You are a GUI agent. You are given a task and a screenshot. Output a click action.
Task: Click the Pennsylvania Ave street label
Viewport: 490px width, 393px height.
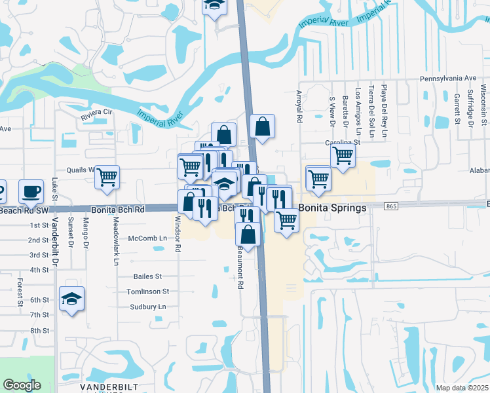pyautogui.click(x=448, y=78)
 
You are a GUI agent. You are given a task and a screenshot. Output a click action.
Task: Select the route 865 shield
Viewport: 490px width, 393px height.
pyautogui.click(x=392, y=207)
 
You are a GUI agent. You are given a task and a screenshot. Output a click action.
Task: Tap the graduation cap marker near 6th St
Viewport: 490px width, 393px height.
pyautogui.click(x=71, y=299)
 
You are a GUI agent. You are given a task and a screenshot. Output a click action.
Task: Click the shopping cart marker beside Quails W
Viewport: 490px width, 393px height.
pyautogui.click(x=107, y=176)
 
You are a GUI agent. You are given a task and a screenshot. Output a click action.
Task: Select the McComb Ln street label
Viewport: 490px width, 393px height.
pyautogui.click(x=147, y=238)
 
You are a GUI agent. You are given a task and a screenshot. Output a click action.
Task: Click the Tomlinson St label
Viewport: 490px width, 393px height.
pyautogui.click(x=147, y=291)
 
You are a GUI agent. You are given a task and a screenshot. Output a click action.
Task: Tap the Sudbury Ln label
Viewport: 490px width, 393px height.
pyautogui.click(x=147, y=307)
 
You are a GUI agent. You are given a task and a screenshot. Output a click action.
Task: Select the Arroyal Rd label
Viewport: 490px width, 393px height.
pyautogui.click(x=299, y=107)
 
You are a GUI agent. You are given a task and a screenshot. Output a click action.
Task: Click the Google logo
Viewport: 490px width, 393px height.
pyautogui.click(x=22, y=385)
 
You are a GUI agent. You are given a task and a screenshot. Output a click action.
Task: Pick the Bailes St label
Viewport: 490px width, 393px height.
pyautogui.click(x=147, y=277)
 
